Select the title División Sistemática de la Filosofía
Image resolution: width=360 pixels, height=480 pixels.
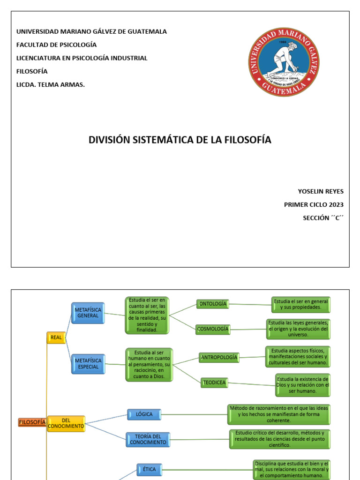(180, 140)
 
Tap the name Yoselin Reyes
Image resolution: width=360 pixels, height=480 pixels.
(321, 191)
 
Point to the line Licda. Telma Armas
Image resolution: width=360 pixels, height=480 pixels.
(51, 84)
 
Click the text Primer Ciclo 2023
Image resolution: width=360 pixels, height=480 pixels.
(314, 204)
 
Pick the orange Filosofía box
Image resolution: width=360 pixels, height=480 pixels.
(32, 422)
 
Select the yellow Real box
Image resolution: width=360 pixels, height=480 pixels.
(56, 337)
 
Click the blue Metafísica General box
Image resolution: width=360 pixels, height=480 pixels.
(88, 313)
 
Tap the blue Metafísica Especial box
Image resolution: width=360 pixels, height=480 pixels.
(88, 364)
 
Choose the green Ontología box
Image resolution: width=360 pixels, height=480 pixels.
(213, 304)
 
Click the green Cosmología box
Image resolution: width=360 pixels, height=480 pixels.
(213, 329)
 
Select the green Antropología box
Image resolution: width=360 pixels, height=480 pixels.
(219, 358)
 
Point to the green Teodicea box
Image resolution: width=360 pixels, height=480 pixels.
(214, 382)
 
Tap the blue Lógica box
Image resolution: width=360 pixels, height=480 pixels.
(144, 414)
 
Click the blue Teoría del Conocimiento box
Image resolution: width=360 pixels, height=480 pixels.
(148, 439)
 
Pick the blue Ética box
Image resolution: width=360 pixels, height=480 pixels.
(149, 469)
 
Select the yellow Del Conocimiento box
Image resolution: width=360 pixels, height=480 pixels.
(66, 424)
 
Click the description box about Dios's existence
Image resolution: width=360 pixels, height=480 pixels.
(302, 385)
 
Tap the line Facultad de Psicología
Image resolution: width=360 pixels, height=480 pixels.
(57, 45)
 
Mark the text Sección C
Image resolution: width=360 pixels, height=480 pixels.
(323, 217)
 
